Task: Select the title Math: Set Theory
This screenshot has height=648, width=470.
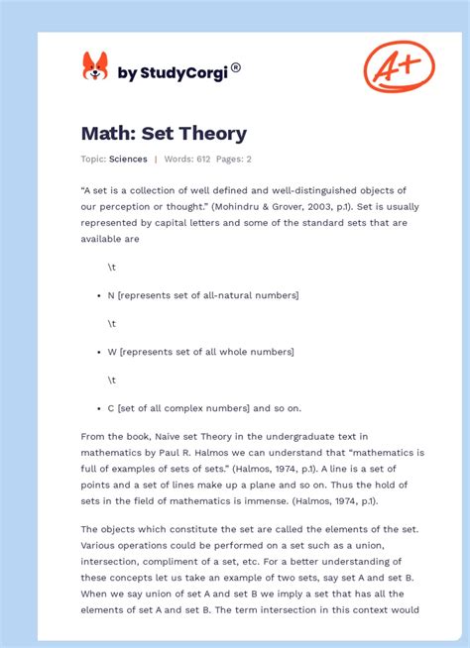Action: coord(164,133)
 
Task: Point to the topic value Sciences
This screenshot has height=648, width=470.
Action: coord(129,159)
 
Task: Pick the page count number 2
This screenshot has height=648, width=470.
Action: coord(248,159)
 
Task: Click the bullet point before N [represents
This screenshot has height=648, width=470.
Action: coord(98,295)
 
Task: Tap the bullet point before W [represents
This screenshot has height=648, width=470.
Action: coord(98,352)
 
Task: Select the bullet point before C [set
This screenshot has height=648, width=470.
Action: coord(98,407)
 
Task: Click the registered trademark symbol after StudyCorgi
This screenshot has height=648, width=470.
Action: coord(236,68)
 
